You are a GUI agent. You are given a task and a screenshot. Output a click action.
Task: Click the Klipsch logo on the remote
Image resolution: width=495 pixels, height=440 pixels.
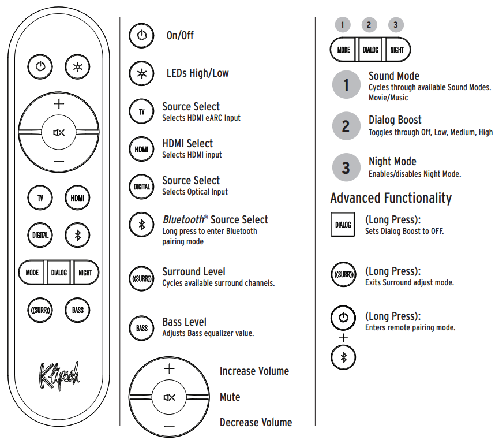tap(59, 376)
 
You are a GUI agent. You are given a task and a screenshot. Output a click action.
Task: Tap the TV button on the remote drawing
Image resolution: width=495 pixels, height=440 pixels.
tap(40, 198)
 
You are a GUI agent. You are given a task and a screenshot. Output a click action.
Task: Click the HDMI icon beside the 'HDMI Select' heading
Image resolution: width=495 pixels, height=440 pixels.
tap(141, 149)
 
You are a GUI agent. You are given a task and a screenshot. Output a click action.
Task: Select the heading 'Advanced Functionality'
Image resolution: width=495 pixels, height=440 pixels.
tap(391, 198)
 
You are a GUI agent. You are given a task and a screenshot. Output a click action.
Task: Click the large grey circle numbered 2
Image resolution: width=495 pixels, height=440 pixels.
tap(346, 126)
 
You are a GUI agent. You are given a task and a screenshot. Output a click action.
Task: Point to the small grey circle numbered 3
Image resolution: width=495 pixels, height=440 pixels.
tap(396, 25)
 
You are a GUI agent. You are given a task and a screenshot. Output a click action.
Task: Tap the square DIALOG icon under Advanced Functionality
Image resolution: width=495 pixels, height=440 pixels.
tap(343, 224)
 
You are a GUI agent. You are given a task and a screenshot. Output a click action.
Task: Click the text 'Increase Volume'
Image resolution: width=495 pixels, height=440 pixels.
tap(254, 371)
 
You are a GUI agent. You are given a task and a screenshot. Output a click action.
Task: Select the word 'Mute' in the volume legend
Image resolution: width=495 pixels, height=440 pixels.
tap(230, 397)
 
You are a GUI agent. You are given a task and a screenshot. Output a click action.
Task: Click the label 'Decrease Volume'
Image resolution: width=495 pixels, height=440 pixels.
tap(256, 422)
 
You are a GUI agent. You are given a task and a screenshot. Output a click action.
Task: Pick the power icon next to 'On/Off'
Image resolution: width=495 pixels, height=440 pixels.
tap(141, 35)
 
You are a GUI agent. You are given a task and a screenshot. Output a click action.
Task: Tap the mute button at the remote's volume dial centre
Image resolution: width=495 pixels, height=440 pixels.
tap(59, 132)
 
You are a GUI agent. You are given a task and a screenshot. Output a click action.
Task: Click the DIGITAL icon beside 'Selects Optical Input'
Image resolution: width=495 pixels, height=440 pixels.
tap(141, 187)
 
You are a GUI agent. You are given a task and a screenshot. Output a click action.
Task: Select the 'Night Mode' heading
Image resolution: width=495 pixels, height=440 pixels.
tap(392, 162)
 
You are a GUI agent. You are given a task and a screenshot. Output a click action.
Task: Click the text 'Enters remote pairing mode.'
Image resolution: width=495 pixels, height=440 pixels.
tap(410, 327)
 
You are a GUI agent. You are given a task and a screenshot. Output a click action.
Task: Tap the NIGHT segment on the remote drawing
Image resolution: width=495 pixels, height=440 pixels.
tap(85, 273)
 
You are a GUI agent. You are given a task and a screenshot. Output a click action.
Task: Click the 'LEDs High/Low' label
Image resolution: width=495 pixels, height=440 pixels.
tap(198, 73)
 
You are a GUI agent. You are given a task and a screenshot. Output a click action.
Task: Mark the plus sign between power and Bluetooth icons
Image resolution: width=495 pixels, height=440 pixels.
tap(343, 338)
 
